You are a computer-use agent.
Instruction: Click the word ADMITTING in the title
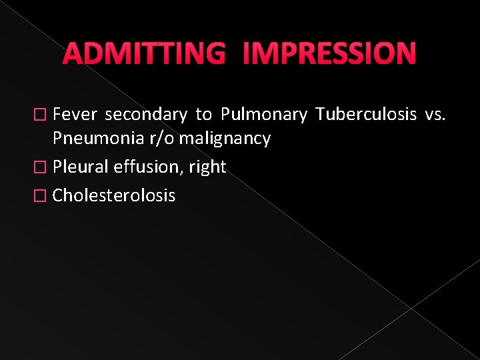(x=144, y=54)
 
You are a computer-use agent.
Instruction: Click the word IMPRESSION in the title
(x=330, y=54)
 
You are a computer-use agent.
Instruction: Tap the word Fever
(x=75, y=115)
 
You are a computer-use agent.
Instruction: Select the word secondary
(x=146, y=115)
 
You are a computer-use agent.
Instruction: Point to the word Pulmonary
(x=263, y=115)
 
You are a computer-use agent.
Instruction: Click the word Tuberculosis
(x=366, y=115)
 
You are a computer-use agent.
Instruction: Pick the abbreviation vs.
(x=434, y=115)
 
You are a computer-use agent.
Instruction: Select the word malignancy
(x=224, y=139)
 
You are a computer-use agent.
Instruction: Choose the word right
(x=207, y=167)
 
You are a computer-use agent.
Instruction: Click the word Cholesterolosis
(x=114, y=195)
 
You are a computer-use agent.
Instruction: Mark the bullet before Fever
(x=44, y=115)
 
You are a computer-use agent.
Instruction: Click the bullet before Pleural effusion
(x=44, y=167)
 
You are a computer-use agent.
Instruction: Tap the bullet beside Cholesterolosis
(x=44, y=196)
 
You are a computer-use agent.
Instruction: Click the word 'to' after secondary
(x=203, y=115)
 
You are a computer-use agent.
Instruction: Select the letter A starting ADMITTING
(x=73, y=54)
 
